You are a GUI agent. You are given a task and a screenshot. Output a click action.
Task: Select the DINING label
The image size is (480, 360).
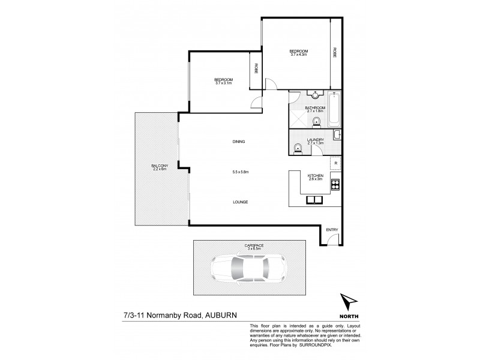[239, 142]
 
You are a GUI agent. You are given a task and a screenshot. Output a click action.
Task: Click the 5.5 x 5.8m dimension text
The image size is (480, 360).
[240, 172]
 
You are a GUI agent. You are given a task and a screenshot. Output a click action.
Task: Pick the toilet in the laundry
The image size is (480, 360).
[297, 148]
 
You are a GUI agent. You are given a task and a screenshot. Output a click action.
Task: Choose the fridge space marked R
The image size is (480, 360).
[335, 163]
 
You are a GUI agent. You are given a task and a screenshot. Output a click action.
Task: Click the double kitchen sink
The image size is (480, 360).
[314, 200]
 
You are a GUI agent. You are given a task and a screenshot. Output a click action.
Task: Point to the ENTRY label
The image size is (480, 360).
[332, 230]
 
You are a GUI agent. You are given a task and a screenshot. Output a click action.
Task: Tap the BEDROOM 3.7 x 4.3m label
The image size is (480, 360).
[298, 52]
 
